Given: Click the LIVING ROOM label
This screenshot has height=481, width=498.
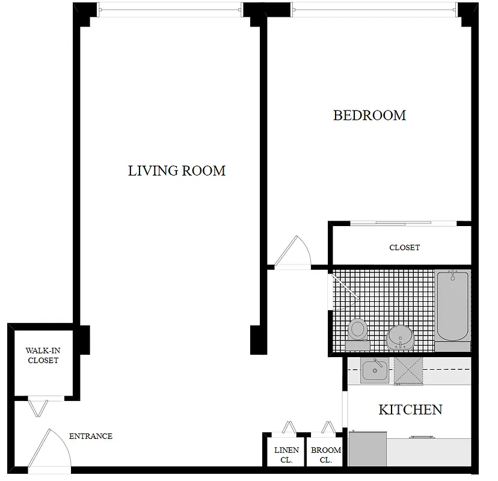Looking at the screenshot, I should (x=177, y=171).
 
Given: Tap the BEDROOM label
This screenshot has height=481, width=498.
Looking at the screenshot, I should (x=369, y=115).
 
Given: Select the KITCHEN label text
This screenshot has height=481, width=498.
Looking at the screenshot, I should (x=410, y=410).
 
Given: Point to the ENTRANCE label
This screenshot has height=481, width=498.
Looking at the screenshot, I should (x=91, y=437).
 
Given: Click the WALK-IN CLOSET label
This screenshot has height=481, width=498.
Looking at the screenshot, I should (x=42, y=355).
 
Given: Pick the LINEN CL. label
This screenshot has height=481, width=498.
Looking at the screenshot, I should (x=286, y=455).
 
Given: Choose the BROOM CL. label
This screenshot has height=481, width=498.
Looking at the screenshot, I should (x=326, y=455).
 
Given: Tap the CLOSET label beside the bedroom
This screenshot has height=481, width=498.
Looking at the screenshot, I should (x=404, y=248).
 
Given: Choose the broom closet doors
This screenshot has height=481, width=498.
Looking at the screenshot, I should (x=328, y=427).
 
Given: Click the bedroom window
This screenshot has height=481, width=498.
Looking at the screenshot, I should (x=373, y=7).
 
